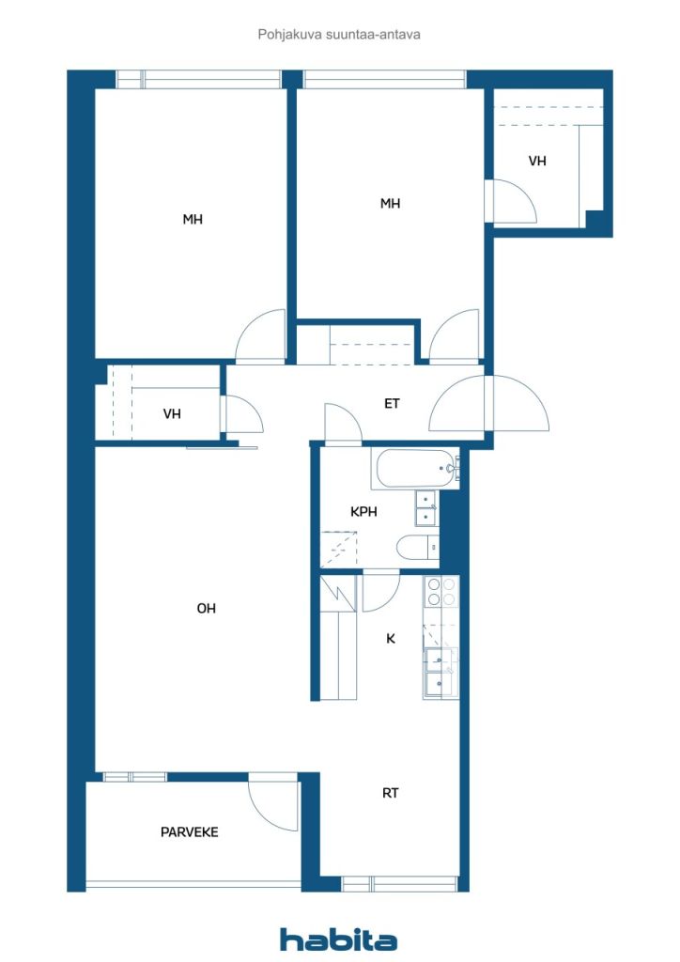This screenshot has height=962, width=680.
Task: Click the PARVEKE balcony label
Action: [189, 832]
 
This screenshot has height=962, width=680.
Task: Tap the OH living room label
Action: [206, 608]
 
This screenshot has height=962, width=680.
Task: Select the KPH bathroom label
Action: [363, 511]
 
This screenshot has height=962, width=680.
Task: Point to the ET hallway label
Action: [392, 403]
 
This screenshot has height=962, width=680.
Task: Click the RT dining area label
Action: [391, 793]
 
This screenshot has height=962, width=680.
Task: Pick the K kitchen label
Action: [391, 639]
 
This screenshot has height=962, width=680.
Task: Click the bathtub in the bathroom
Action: [415, 470]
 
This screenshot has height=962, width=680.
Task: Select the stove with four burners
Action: [441, 592]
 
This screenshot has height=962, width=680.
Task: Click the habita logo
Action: [338, 939]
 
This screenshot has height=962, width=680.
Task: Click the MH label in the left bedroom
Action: [193, 219]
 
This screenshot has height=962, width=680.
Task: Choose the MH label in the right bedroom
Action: [390, 203]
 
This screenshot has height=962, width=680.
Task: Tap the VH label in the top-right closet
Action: [537, 161]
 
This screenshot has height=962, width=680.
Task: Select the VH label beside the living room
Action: [172, 413]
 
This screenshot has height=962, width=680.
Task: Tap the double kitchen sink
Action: [440, 673]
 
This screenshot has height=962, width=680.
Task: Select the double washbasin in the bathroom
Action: [426, 508]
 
